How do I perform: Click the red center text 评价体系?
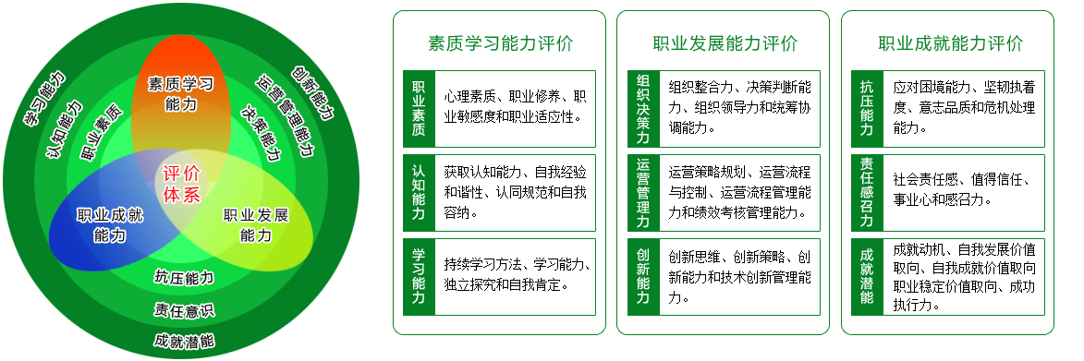[x=181, y=183]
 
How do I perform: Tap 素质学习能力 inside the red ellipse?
[x=180, y=94]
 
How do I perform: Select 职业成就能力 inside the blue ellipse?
[x=110, y=225]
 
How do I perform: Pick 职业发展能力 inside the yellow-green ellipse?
[x=256, y=225]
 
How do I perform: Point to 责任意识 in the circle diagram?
[x=184, y=310]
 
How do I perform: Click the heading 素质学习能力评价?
[x=500, y=43]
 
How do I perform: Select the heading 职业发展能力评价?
[x=725, y=43]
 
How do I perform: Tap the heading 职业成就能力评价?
[x=950, y=43]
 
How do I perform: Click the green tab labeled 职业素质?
[x=419, y=108]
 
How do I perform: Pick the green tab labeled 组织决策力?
[x=643, y=108]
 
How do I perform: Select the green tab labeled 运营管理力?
[x=643, y=193]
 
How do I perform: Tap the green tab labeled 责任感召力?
[x=867, y=193]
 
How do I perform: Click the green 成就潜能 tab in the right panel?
[x=867, y=277]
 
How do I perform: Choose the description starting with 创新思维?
[x=739, y=277]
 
